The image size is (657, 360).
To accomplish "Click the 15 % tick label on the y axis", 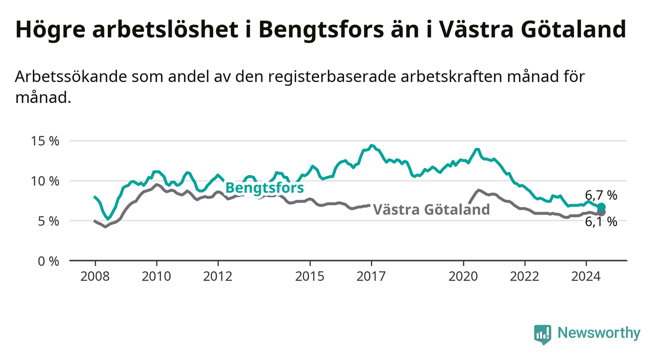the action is [x=45, y=141].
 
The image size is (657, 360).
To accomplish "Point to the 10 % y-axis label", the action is [x=45, y=181].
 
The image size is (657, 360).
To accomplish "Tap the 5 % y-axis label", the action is [x=49, y=221].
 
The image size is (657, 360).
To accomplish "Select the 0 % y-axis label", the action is [x=49, y=261].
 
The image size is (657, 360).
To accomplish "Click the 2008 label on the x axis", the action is [x=95, y=277].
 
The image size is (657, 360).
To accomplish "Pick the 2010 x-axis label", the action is [x=156, y=277].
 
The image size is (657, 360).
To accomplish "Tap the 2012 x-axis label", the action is [x=218, y=277].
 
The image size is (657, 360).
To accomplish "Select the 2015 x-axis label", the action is [x=310, y=277].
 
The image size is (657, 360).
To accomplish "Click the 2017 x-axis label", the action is [x=371, y=277].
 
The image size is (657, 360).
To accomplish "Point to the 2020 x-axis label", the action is [x=463, y=277].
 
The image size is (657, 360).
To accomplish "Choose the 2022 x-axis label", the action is [x=525, y=277].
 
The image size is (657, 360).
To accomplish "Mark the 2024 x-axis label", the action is [x=586, y=277].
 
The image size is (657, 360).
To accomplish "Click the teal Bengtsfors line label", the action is [x=265, y=188].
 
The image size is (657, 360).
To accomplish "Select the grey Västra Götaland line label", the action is [x=431, y=209].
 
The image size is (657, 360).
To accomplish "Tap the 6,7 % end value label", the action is [x=601, y=195].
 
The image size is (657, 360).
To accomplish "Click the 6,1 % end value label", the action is [x=601, y=222].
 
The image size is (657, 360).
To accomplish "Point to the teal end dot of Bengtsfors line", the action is [x=601, y=207].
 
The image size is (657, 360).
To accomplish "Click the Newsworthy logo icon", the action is [x=543, y=334].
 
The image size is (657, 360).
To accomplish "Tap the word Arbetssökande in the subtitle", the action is [x=71, y=77].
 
